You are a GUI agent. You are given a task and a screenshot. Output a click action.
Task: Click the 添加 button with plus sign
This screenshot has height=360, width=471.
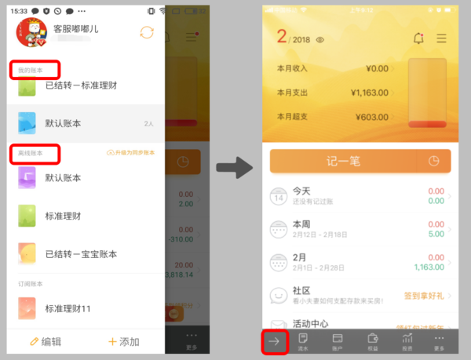point(124,341)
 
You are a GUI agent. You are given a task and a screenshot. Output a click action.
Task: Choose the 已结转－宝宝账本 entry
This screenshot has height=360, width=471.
point(81,254)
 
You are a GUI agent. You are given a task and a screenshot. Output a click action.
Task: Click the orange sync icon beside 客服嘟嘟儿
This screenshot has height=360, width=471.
point(146,32)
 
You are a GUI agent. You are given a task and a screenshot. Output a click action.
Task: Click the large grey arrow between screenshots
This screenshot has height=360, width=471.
point(233,166)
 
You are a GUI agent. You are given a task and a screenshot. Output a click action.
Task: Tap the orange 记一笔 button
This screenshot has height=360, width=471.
point(345,162)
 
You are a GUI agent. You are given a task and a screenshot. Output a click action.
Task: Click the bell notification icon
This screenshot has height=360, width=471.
point(418,38)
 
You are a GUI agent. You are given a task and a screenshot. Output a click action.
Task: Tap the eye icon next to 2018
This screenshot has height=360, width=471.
point(320,39)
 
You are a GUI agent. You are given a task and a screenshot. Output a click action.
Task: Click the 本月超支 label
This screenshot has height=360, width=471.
point(292,117)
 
